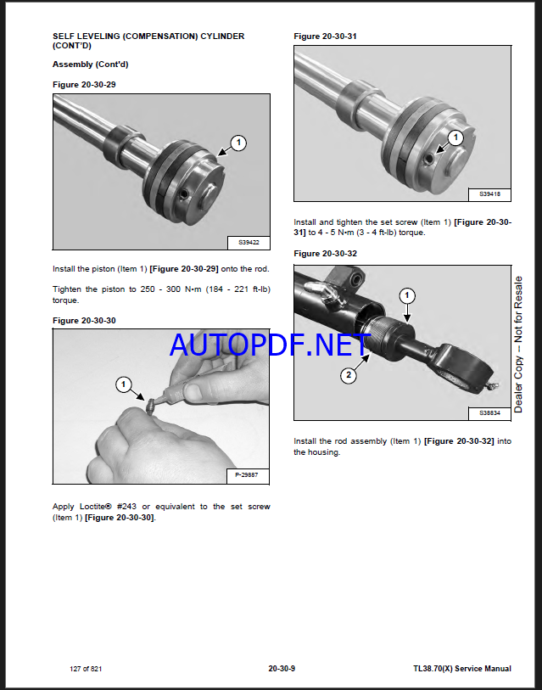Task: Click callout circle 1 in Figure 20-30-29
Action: (x=238, y=143)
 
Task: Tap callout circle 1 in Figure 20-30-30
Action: (x=123, y=384)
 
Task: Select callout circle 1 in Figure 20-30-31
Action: (x=455, y=137)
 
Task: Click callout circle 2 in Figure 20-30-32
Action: (x=349, y=375)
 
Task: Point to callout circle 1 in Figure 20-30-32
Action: (x=407, y=295)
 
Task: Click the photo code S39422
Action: (x=249, y=243)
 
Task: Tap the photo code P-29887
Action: (x=247, y=475)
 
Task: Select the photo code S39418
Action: (x=489, y=194)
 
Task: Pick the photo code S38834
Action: (x=489, y=413)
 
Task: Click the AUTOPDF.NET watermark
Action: (x=270, y=345)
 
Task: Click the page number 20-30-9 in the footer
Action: (x=282, y=669)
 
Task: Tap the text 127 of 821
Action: (x=86, y=669)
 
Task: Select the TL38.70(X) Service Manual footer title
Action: (x=462, y=669)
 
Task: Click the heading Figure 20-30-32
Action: (x=325, y=254)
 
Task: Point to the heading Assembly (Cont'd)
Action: (x=90, y=65)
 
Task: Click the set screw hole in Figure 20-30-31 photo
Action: (x=429, y=159)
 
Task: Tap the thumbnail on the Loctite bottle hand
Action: (x=193, y=391)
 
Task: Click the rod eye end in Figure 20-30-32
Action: (x=465, y=367)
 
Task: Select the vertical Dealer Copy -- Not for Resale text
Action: (x=518, y=345)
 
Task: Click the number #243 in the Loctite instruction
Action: (x=128, y=507)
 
